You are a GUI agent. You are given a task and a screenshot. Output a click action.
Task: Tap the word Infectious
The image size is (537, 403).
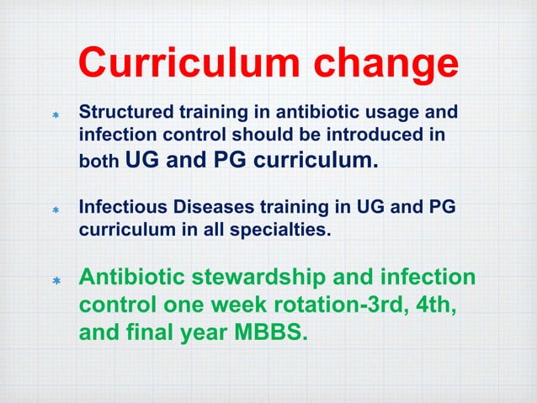(118, 208)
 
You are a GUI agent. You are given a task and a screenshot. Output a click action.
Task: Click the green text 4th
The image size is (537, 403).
(434, 306)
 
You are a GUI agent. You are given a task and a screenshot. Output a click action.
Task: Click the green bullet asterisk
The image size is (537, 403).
(55, 281)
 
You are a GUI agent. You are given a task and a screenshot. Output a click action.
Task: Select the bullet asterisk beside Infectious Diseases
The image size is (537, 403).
(55, 211)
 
